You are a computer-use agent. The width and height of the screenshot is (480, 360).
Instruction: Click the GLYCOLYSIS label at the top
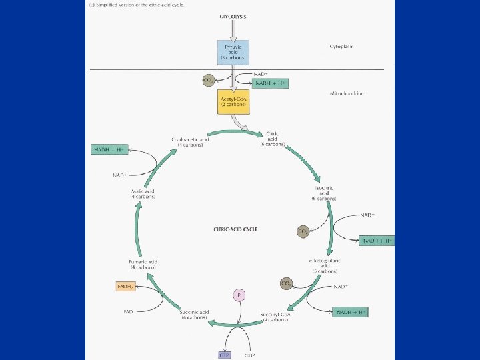[x=232, y=15]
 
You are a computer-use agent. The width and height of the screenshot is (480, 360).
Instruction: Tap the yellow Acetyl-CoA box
[x=233, y=101]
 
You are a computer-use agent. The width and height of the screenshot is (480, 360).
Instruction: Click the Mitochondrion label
[x=347, y=94]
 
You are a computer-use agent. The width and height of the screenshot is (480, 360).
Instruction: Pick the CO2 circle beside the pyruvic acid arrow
[x=209, y=81]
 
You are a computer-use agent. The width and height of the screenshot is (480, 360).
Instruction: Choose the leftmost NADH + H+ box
[x=109, y=150]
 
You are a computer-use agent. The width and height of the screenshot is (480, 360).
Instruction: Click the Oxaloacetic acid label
[x=191, y=142]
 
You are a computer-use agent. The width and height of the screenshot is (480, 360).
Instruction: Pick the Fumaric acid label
[x=143, y=264]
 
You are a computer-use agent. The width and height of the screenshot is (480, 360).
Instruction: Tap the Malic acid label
[x=143, y=194]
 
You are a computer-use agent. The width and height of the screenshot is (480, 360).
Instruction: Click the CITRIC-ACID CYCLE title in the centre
[x=235, y=229]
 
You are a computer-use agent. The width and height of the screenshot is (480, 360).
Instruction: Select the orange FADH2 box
[x=127, y=287]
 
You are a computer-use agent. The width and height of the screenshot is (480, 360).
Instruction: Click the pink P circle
[x=237, y=294]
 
